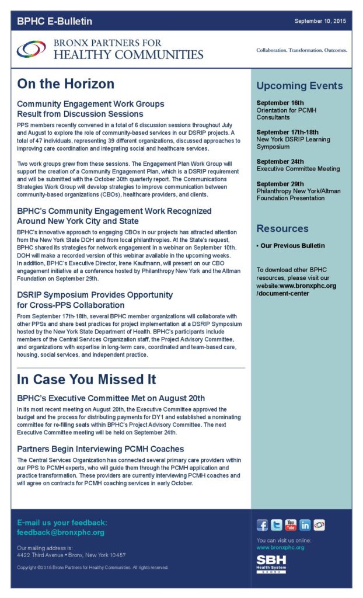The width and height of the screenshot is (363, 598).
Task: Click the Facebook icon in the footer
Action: (263, 524)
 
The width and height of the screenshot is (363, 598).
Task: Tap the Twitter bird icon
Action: (277, 524)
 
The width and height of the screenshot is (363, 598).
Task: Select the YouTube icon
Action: (291, 524)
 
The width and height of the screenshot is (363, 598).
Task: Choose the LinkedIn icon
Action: (305, 524)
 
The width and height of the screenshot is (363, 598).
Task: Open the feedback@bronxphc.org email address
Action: (61, 533)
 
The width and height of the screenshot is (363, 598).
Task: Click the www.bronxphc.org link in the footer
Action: (280, 548)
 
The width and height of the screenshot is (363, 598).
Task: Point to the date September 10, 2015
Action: (320, 21)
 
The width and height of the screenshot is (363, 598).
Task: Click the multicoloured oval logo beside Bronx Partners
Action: (32, 50)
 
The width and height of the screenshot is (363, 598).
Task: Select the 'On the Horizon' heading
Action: (65, 84)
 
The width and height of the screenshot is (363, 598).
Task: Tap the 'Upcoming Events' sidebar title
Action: (299, 86)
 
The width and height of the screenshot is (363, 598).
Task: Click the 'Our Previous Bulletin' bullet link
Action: (292, 246)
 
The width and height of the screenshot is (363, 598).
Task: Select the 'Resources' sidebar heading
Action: (282, 228)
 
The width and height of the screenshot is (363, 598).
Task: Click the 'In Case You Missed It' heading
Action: (86, 380)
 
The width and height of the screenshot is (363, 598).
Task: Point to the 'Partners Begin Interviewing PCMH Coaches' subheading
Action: (100, 449)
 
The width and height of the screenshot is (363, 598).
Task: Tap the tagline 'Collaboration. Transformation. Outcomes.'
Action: (302, 50)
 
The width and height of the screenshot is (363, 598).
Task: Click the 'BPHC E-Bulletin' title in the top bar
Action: (54, 22)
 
